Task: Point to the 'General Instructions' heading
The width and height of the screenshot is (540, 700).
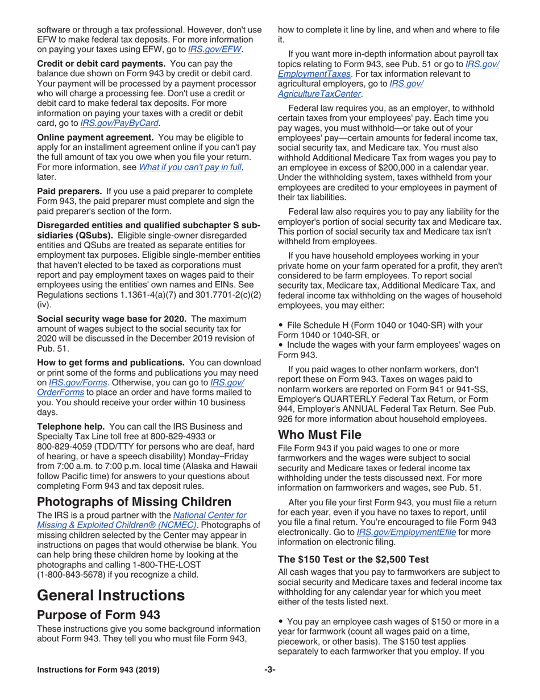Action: coord(110,595)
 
